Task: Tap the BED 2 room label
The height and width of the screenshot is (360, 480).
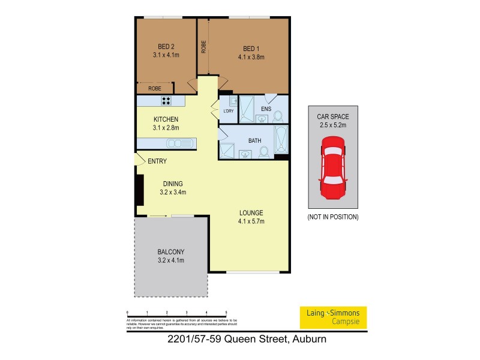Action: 166,47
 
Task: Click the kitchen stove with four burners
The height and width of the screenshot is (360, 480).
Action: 166,101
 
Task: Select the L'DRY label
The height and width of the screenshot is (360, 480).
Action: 228,111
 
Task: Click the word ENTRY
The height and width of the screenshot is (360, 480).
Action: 157,161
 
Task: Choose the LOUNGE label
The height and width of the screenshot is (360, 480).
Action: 251,212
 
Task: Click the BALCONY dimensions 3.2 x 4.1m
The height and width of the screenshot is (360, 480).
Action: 170,260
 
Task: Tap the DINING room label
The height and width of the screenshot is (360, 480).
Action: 173,184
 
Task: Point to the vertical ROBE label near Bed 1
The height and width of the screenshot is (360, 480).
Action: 204,46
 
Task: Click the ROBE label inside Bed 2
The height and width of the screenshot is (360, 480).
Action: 154,88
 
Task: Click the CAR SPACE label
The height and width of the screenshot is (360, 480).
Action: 332,118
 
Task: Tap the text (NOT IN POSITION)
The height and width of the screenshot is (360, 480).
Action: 332,216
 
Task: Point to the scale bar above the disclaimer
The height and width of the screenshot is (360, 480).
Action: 176,313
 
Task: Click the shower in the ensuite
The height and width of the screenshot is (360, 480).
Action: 247,109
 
